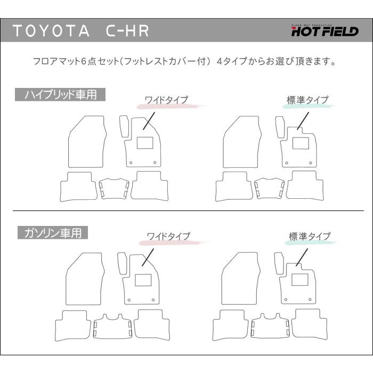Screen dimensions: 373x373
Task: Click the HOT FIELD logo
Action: point(325,30)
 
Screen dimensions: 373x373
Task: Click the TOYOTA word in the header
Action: point(51,31)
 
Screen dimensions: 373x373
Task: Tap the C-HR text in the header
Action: point(127,31)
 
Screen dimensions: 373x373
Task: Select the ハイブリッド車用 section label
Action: point(60,95)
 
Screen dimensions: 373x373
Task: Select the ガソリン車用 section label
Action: point(53,233)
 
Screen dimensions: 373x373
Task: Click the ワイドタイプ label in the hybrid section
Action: point(166,100)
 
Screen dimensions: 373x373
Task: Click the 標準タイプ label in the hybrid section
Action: point(307,100)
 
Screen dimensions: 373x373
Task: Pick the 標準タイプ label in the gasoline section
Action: point(310,236)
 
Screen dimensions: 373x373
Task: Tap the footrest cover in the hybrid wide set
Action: point(124,126)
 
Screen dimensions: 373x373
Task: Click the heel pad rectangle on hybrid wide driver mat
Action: point(145,143)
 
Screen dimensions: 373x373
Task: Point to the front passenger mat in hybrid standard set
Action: point(242,142)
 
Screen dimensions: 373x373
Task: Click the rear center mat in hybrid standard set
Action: point(269,188)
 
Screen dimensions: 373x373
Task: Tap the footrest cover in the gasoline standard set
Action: point(279,263)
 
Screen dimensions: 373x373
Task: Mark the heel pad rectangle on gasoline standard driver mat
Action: point(299,280)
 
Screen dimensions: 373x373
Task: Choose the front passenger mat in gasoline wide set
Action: point(85,279)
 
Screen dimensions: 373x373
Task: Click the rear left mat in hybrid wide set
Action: point(78,186)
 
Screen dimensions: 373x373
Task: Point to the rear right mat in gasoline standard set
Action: point(309,324)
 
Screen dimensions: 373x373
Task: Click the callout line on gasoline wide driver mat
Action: point(148,257)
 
